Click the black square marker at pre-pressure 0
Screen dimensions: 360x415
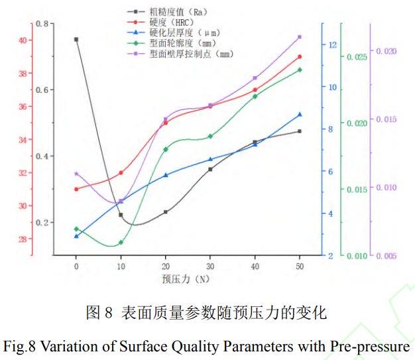[76, 40]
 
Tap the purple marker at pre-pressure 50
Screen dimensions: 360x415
[300, 37]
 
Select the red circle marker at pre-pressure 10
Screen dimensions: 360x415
[121, 173]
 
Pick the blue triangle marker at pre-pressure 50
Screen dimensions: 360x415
[300, 115]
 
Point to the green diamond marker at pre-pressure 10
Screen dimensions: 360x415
[121, 243]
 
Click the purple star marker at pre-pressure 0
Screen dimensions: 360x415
[76, 174]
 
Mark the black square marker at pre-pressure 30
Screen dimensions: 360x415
[210, 169]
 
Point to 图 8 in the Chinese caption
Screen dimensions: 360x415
[100, 312]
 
